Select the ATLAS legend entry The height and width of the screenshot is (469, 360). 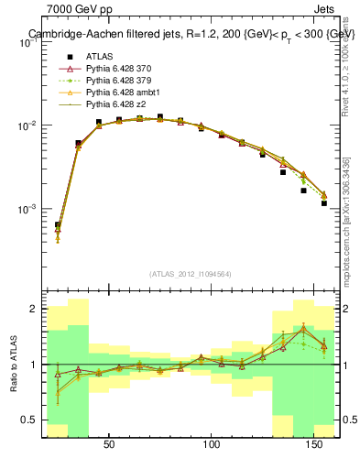click(101, 57)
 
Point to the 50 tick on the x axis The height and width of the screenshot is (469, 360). click(109, 444)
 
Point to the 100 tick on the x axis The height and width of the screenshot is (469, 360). click(213, 444)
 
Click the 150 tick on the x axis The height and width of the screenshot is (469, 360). click(315, 444)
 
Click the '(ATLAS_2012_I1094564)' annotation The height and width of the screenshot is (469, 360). click(191, 274)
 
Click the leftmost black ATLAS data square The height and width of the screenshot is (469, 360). click(58, 224)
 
